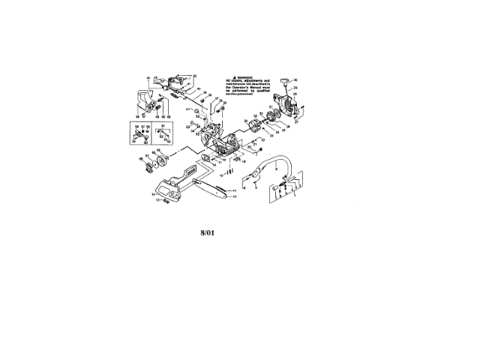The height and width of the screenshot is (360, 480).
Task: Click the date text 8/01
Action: [208, 233]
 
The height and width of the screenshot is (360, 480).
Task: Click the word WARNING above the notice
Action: [250, 77]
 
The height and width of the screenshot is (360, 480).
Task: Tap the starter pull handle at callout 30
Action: [284, 79]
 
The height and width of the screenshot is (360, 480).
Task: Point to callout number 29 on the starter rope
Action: [295, 95]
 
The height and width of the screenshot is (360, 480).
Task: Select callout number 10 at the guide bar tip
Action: [235, 196]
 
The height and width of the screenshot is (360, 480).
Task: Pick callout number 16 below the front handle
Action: [244, 187]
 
